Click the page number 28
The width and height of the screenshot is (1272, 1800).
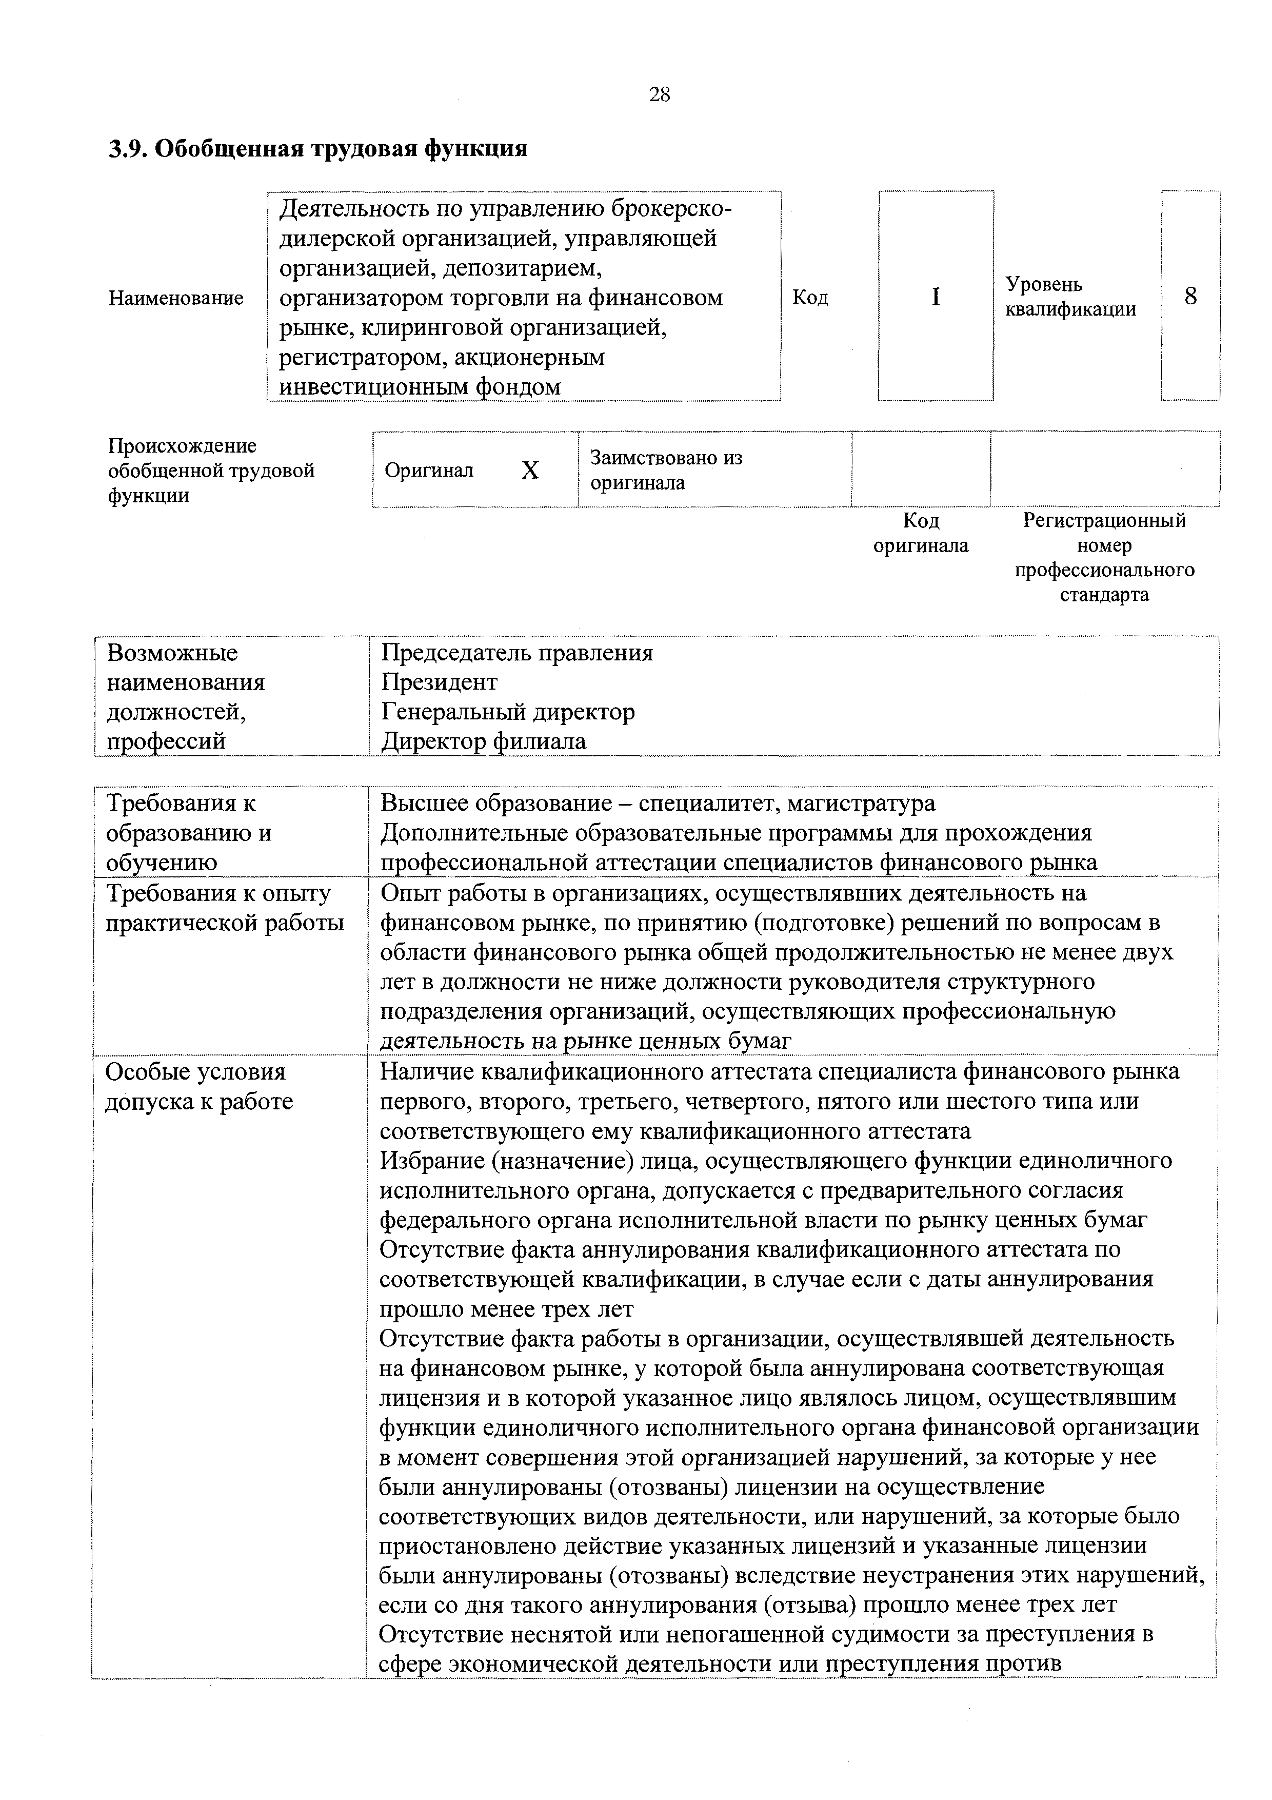click(x=659, y=95)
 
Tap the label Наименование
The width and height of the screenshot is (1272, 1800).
click(x=175, y=298)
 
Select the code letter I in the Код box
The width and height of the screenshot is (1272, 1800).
click(x=935, y=297)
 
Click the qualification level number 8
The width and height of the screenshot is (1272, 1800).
click(x=1190, y=297)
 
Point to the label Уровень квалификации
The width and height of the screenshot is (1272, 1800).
click(x=1070, y=297)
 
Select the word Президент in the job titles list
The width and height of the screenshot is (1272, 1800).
click(x=439, y=682)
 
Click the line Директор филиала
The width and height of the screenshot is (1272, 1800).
click(x=484, y=741)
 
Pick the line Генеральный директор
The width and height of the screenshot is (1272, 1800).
click(x=508, y=712)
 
